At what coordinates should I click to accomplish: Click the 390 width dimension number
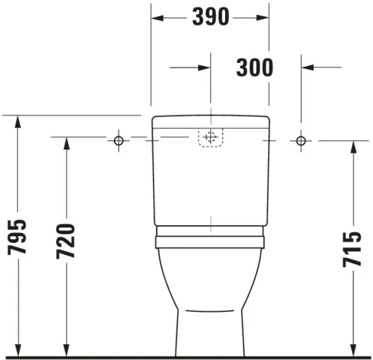click(210, 16)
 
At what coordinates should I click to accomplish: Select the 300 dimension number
click(255, 67)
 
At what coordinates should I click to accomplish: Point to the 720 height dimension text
click(68, 241)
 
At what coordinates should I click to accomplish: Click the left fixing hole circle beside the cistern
click(118, 140)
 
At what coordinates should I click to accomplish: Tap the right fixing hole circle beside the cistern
click(302, 140)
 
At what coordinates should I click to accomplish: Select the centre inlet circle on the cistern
click(210, 137)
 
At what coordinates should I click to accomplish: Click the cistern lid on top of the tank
click(210, 121)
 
